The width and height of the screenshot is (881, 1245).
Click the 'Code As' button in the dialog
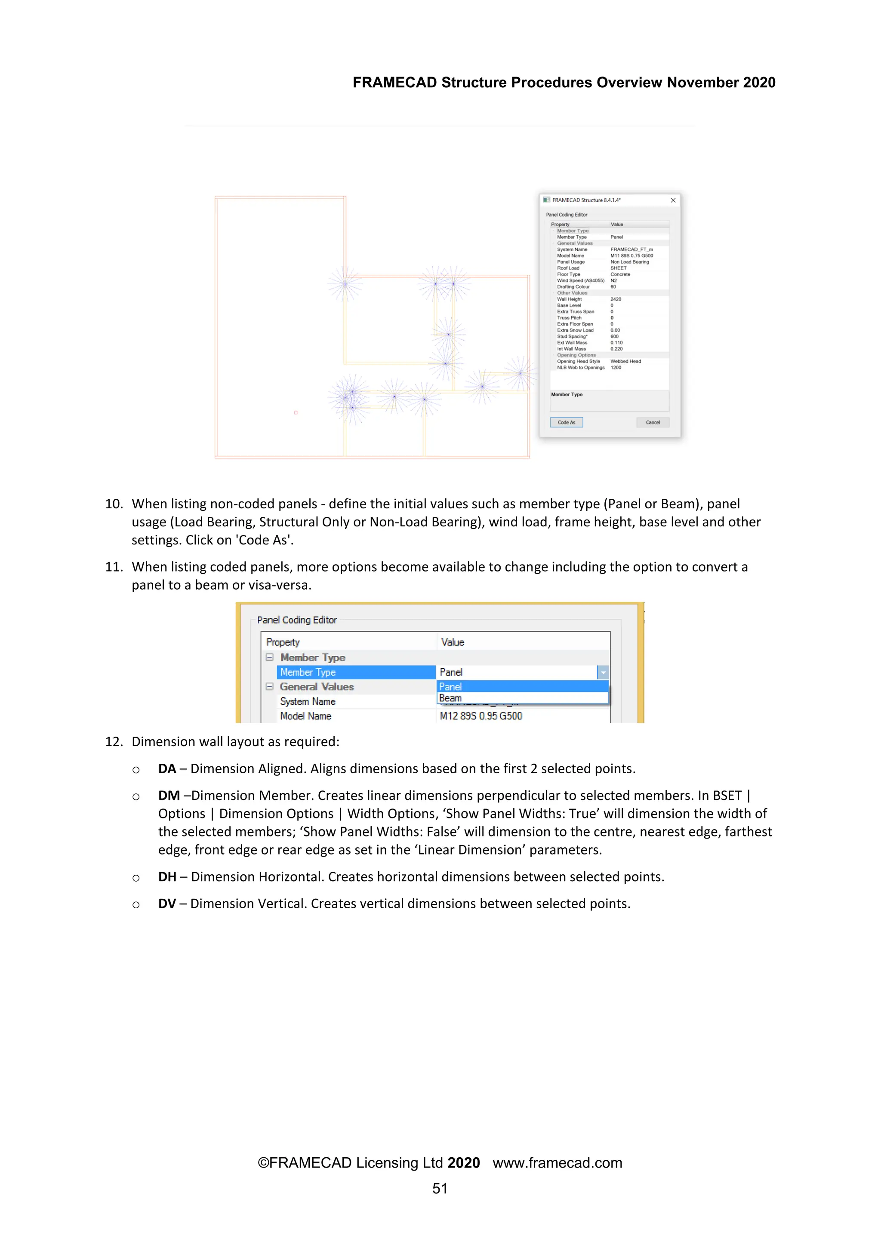[567, 422]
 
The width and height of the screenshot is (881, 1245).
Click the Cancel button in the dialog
[653, 422]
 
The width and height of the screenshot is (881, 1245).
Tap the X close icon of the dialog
[673, 200]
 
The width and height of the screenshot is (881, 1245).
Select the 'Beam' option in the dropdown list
[450, 698]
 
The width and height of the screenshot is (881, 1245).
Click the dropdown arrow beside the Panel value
[603, 673]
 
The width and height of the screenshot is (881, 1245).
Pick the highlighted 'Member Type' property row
[356, 673]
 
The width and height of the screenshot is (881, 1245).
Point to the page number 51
[440, 1189]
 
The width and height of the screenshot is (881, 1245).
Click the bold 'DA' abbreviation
[167, 769]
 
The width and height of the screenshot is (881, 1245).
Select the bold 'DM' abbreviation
[169, 796]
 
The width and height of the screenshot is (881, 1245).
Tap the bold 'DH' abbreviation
[167, 877]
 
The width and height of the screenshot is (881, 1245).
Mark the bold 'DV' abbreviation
[167, 904]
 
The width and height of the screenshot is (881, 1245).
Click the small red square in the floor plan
[296, 413]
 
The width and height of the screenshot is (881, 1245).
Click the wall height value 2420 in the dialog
[616, 299]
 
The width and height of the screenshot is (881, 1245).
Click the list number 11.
[114, 567]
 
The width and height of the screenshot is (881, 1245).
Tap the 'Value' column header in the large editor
[453, 642]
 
